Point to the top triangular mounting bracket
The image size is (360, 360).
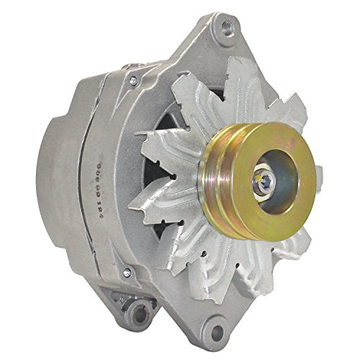209,50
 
